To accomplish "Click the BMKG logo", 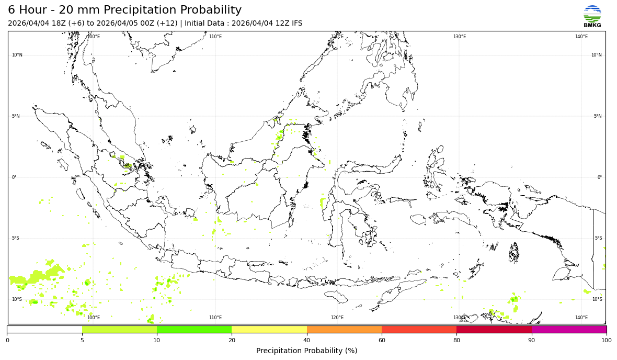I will (592, 16).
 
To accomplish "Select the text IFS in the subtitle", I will (296, 24).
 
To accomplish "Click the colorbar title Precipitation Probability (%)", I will (306, 351).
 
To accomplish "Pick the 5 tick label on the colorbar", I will (82, 340).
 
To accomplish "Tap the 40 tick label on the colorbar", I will (307, 340).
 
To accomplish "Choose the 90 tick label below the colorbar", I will (532, 340).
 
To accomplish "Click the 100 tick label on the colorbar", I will (607, 340).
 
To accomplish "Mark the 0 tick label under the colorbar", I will (7, 340).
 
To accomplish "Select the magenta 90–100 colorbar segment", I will (569, 330).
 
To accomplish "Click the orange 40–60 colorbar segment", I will (344, 330).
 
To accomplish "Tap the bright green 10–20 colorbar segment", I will (194, 330).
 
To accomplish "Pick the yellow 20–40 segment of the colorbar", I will (269, 330).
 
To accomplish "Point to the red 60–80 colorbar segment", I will (419, 330).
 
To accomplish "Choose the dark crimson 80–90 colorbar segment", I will (494, 330).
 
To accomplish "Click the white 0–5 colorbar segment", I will (44, 330).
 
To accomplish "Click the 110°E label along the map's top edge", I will (215, 37).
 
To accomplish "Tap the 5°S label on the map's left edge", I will (16, 238).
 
